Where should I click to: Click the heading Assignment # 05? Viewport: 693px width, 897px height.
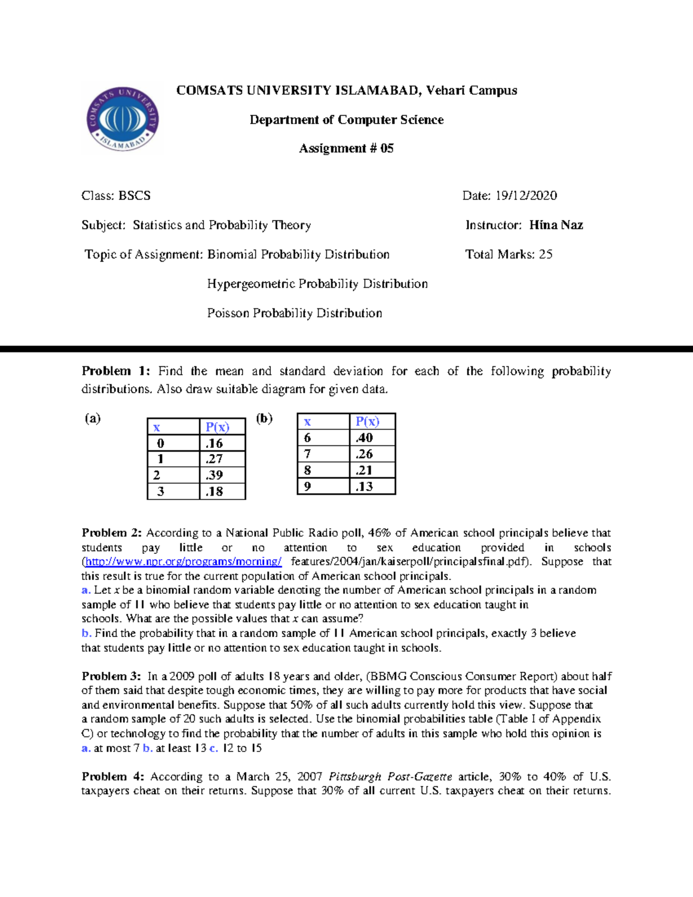[x=346, y=148]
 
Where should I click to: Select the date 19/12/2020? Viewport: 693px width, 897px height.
[x=526, y=196]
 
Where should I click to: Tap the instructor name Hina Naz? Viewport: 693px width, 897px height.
[x=556, y=225]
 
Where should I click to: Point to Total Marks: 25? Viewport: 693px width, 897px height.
[x=509, y=254]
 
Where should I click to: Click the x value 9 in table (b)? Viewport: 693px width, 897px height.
[x=308, y=486]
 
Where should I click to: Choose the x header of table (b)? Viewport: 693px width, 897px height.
[x=307, y=422]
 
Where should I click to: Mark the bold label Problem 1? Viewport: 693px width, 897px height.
[x=115, y=371]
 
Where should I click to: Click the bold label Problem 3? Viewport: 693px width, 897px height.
[x=111, y=676]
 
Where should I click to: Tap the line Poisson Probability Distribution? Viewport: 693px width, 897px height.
[x=295, y=313]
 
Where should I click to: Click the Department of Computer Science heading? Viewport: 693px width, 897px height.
[x=346, y=120]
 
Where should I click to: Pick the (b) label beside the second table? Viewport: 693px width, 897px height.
[x=264, y=418]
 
